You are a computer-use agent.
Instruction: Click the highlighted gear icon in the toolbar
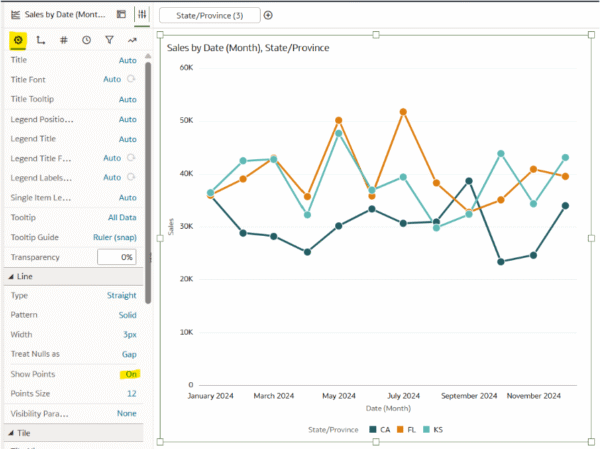(x=17, y=40)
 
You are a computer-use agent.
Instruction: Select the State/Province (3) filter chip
(x=209, y=15)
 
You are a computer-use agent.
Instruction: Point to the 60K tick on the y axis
(x=185, y=67)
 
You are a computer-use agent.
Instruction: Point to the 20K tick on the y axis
(x=185, y=279)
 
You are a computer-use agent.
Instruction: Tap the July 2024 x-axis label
(x=403, y=396)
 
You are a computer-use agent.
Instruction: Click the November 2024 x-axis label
(x=533, y=396)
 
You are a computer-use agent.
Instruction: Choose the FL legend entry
(x=406, y=430)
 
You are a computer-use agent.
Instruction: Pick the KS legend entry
(x=434, y=430)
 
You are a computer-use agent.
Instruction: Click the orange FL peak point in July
(x=403, y=112)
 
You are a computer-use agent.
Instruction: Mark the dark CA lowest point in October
(x=500, y=262)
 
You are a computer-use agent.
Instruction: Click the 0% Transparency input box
(x=116, y=257)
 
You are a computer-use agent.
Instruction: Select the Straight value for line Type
(x=121, y=295)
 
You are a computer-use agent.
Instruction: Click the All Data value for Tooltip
(x=122, y=217)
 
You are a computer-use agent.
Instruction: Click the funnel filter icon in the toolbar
(x=109, y=40)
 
